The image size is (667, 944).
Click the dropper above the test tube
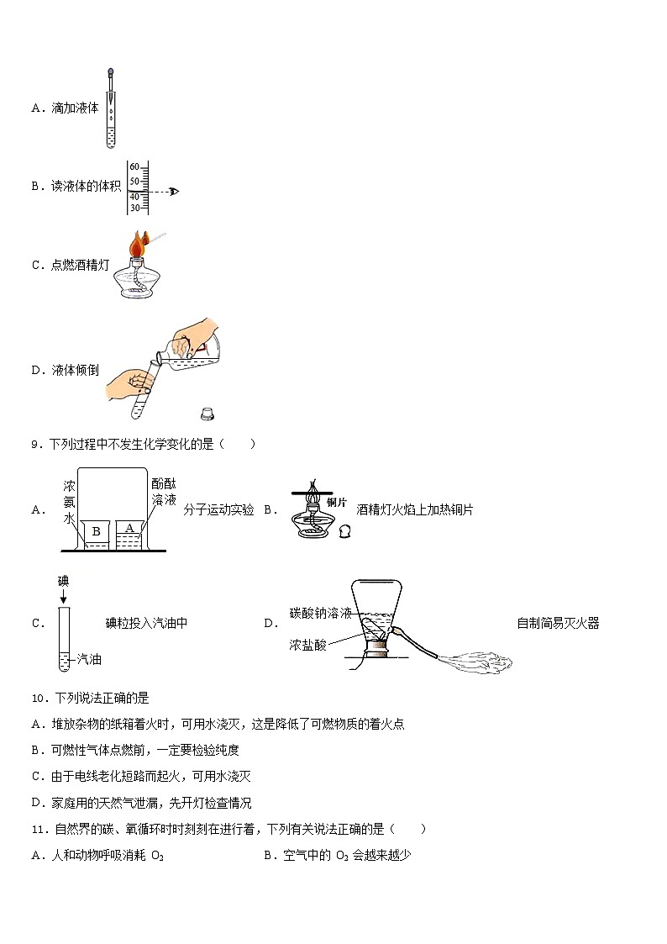click(111, 88)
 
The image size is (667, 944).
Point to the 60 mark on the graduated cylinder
click(134, 167)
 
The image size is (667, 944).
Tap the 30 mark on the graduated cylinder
click(134, 208)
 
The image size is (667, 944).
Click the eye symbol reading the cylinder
click(174, 192)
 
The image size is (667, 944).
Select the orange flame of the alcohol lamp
click(137, 245)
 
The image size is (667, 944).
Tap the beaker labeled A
click(130, 528)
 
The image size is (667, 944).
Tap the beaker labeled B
click(96, 532)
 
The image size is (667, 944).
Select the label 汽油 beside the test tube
click(89, 661)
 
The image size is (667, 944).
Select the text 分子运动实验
click(218, 509)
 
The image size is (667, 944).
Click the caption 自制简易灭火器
click(558, 623)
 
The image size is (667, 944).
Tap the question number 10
click(38, 698)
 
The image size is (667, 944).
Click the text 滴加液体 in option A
click(75, 108)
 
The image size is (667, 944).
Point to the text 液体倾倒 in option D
click(75, 370)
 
